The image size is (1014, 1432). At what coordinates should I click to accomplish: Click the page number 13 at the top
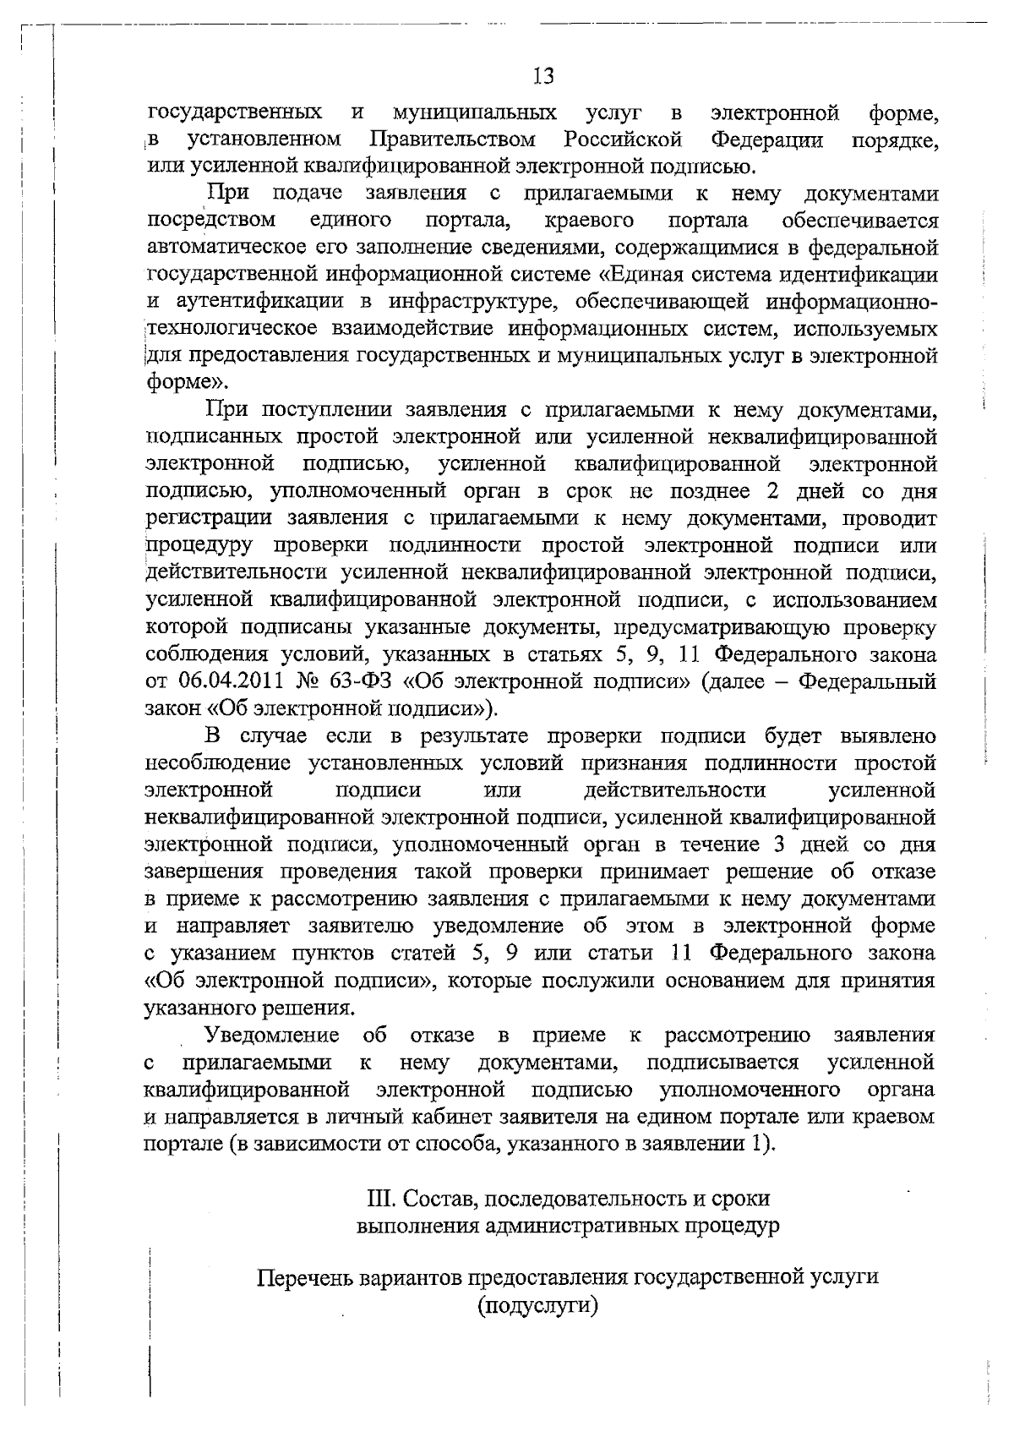(544, 77)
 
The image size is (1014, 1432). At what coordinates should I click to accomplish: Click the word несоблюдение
(219, 763)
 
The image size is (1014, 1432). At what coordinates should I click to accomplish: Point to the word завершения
(209, 872)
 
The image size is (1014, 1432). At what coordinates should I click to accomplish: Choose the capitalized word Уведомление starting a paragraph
(273, 1036)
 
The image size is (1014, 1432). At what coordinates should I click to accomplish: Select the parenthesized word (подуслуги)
(537, 1305)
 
